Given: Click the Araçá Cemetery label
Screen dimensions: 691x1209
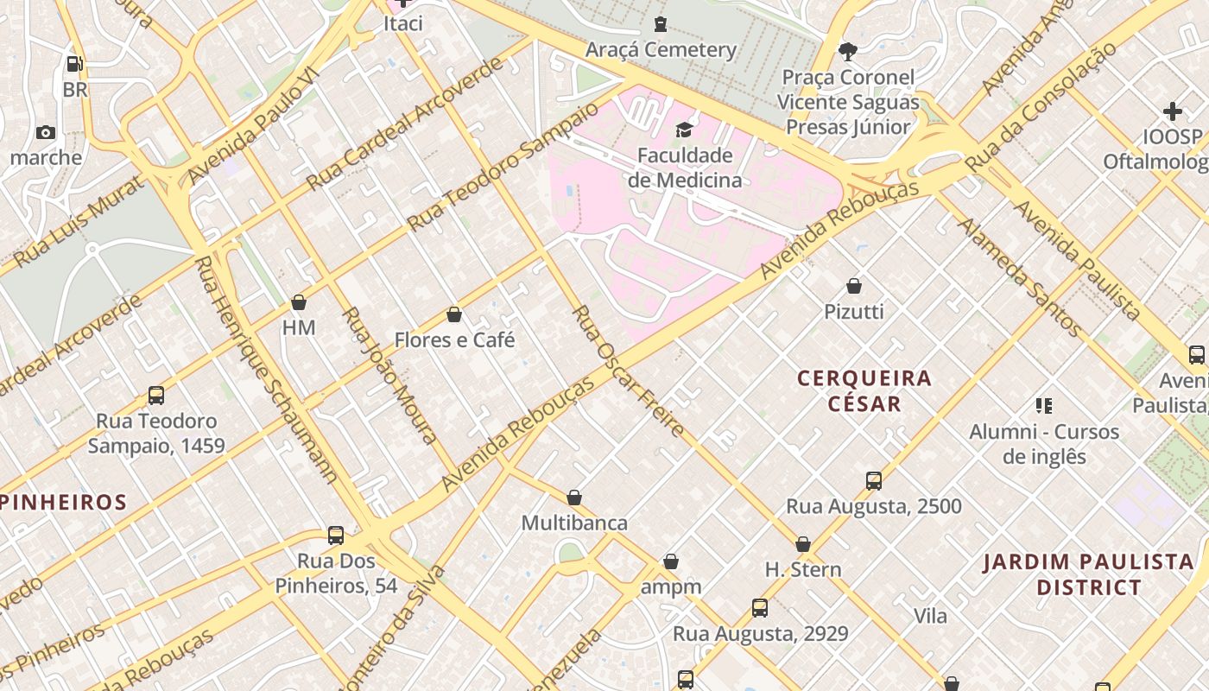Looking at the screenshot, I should coord(661,50).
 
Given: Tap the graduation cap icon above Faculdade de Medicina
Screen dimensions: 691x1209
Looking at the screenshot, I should coord(684,130).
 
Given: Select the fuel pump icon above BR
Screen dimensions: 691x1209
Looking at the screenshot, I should coord(75,64).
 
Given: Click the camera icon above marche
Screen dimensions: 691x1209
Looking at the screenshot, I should coord(46,133).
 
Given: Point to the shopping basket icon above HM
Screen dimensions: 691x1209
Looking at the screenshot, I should coord(299,302).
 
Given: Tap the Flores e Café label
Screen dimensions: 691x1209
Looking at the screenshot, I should coord(454,340).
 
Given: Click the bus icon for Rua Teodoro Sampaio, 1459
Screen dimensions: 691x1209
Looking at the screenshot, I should coord(156,396).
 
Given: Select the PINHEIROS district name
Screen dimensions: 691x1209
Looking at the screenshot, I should coord(64,502).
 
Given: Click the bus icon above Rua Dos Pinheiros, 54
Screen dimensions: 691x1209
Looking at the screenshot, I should coord(336,536).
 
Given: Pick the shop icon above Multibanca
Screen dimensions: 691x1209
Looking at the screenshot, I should coord(574,498).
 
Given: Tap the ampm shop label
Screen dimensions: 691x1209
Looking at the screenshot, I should coord(671,587).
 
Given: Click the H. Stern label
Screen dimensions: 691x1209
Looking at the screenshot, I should coord(803,570).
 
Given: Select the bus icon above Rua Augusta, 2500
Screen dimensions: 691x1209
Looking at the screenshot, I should coord(874,481).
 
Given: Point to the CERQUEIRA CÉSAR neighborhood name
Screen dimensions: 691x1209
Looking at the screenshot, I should coord(864,390).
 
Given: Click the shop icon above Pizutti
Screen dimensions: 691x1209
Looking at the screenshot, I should coord(854,286).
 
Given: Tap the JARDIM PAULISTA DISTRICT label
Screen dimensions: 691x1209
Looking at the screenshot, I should coord(1089,575).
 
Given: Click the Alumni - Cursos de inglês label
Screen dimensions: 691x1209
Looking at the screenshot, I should coord(1044,444).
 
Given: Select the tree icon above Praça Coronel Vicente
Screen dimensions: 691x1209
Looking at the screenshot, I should coord(848,51).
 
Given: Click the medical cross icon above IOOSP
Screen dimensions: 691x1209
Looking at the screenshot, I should coord(1173,111).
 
